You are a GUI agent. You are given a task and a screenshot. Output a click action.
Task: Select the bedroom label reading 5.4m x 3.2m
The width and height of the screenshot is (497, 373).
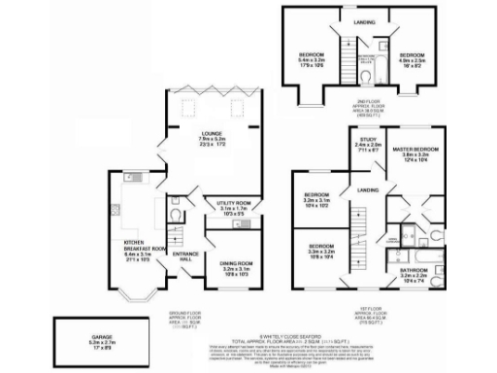click(311, 58)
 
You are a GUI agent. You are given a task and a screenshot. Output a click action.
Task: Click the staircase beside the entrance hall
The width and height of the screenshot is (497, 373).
click(177, 235)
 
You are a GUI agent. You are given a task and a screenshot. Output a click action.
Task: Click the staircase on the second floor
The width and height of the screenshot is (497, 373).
click(344, 49)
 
